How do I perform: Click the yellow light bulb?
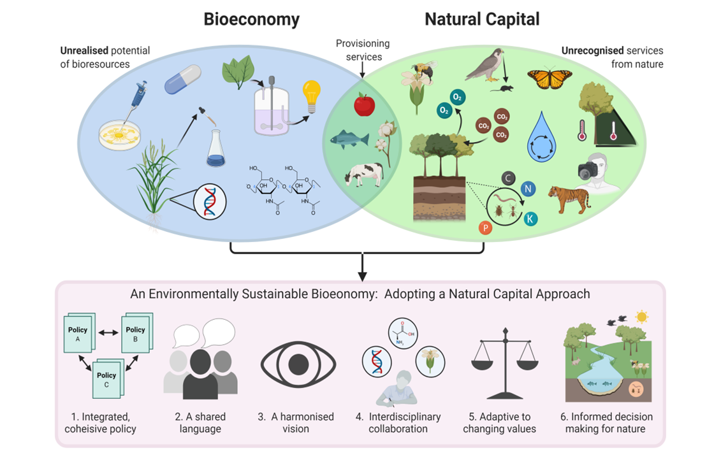(x=311, y=96)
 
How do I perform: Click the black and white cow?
(x=363, y=173)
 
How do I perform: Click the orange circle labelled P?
(x=485, y=227)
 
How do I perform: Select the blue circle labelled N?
(x=528, y=188)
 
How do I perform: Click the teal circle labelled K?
(x=530, y=219)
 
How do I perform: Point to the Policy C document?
(x=107, y=377)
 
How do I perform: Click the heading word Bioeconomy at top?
(x=251, y=19)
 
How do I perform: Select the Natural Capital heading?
(x=482, y=19)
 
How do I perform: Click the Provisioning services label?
(x=363, y=50)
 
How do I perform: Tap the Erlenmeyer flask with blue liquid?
(x=216, y=148)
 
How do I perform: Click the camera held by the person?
(x=588, y=171)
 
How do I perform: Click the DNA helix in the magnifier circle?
(x=210, y=201)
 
